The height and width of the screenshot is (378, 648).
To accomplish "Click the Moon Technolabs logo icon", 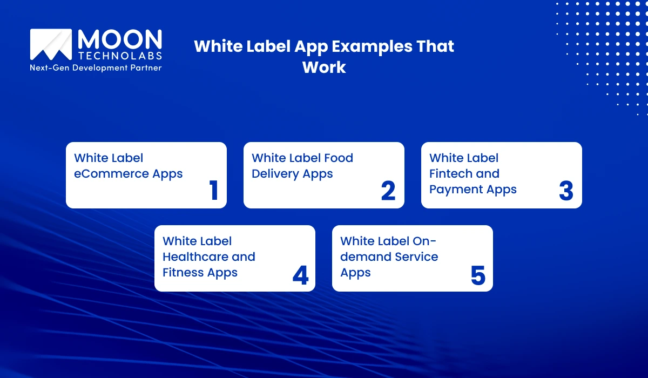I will click(51, 44).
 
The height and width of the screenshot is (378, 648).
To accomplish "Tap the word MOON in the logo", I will click(120, 39).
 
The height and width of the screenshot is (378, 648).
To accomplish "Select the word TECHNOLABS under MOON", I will click(120, 56).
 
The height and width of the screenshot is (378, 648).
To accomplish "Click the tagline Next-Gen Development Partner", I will click(96, 68).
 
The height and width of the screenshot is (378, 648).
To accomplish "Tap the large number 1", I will click(214, 191).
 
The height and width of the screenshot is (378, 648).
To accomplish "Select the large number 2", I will click(388, 191).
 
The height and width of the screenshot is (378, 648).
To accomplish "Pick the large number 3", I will click(565, 191).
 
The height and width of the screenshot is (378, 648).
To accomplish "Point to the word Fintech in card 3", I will click(449, 174).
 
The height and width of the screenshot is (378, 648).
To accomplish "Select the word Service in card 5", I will click(416, 256).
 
